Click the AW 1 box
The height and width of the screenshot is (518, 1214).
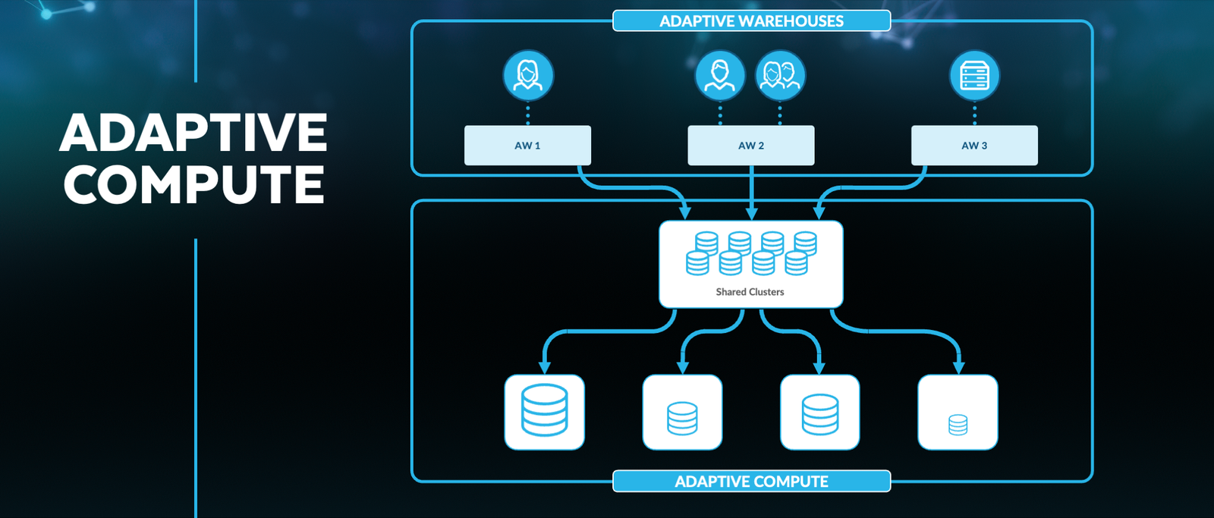[527, 146]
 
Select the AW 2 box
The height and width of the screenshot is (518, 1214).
[750, 146]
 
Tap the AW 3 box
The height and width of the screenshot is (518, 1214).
[974, 146]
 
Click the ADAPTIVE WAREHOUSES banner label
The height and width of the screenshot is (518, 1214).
[751, 21]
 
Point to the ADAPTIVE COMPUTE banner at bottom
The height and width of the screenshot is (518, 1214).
[751, 482]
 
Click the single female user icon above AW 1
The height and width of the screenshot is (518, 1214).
[528, 76]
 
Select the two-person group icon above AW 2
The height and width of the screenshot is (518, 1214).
[780, 76]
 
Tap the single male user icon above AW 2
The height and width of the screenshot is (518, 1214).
[720, 76]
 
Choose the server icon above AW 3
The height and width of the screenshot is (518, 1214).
[974, 76]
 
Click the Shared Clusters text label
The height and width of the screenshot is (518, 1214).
[750, 292]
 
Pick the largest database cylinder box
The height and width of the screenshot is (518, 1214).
[545, 412]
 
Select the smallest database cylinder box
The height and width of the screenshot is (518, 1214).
[958, 412]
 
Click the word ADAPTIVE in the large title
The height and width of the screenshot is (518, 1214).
[193, 133]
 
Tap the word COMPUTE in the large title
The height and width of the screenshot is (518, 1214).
[193, 184]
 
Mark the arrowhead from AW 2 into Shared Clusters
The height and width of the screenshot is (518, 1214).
[751, 212]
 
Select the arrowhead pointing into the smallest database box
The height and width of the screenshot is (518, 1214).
[959, 367]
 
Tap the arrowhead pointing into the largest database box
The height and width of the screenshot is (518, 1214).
[545, 367]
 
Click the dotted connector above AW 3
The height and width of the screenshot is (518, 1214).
[974, 115]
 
